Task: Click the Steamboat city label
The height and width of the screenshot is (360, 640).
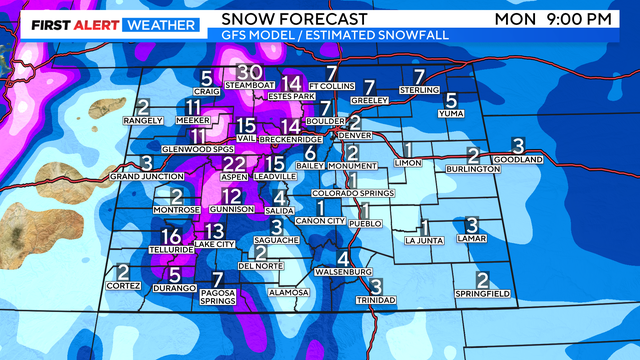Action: [250, 85]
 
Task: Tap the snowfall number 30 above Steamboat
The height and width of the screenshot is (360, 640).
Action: [250, 72]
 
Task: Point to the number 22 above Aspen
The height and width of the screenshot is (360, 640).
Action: [234, 163]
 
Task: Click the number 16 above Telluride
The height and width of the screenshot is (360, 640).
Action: [171, 237]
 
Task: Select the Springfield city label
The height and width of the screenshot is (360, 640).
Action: [481, 294]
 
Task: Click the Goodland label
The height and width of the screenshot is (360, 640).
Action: [518, 159]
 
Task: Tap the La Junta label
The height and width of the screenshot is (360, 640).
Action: [424, 240]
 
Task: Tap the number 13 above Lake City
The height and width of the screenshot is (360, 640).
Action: [214, 231]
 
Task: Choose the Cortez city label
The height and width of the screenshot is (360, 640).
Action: [123, 286]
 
